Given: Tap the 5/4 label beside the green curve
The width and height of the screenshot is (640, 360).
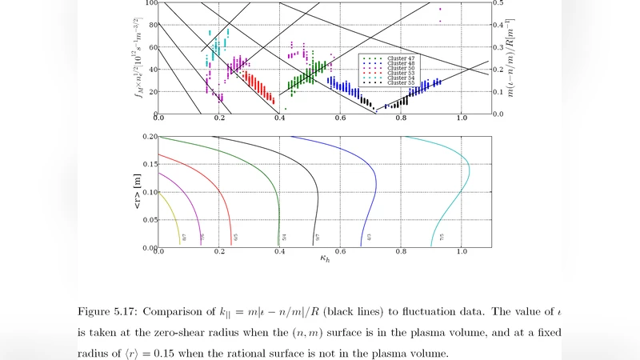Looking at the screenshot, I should [285, 238].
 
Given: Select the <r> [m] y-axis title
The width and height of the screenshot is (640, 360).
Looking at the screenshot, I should [138, 192].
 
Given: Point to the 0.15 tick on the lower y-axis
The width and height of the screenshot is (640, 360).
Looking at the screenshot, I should [150, 164].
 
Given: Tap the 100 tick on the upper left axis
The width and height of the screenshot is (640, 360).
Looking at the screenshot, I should [149, 3].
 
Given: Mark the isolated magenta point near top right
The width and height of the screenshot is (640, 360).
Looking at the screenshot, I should [440, 9].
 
